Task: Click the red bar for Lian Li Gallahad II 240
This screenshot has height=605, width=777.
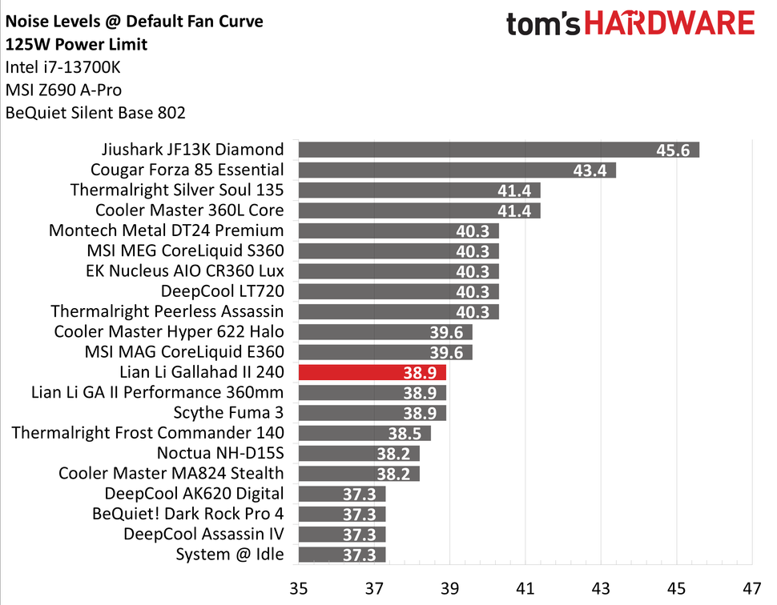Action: pos(372,372)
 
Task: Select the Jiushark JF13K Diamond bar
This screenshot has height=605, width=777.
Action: pos(498,150)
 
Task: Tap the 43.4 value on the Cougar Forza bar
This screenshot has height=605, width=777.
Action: pos(590,170)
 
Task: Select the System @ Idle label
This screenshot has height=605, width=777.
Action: pos(229,554)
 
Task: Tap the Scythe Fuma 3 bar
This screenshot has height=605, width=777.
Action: pos(372,413)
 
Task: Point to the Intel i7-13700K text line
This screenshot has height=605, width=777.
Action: pos(63,66)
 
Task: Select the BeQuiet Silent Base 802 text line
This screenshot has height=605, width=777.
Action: pos(95,113)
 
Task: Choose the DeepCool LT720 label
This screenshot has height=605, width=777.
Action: pos(222,291)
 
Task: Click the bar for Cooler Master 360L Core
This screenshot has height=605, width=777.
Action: pos(419,210)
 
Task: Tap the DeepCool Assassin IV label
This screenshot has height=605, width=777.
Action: pos(203,534)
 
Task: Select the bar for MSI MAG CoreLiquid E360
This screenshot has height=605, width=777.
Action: pos(384,352)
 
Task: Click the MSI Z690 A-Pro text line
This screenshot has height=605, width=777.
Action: pos(63,90)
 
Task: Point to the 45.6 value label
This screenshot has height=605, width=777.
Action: pos(673,150)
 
